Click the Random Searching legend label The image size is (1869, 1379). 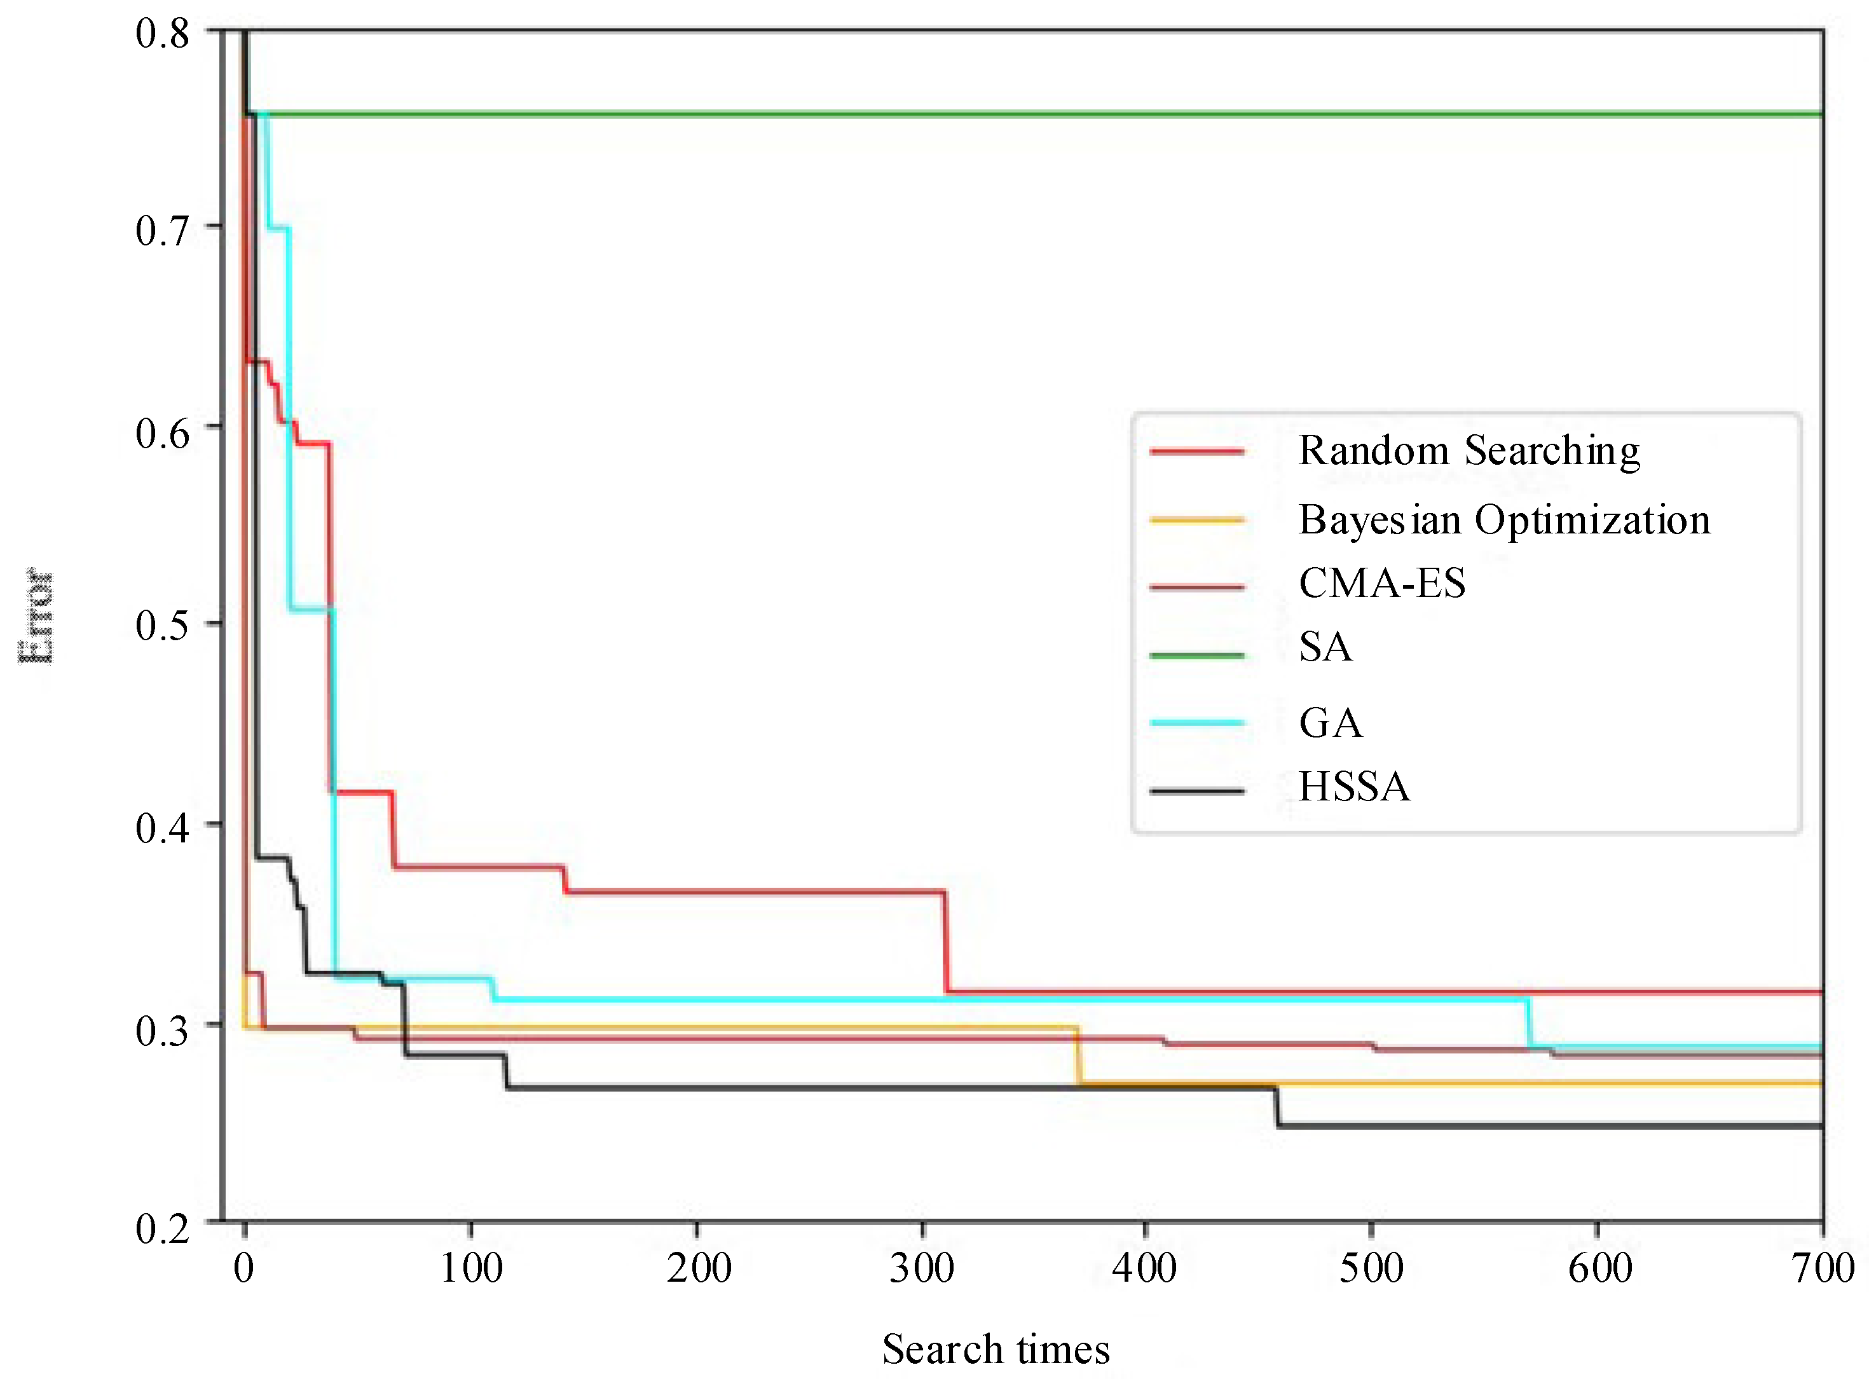click(1468, 451)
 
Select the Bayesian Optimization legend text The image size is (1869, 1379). click(1503, 520)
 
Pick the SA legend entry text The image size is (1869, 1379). click(1325, 647)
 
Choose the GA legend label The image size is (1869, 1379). click(1330, 723)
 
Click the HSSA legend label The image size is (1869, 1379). click(1353, 786)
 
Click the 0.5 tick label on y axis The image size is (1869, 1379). click(162, 625)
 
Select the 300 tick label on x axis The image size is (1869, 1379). click(922, 1269)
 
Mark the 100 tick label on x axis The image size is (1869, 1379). click(471, 1269)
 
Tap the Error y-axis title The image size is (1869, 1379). click(37, 616)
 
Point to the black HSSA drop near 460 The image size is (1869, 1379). click(1277, 1107)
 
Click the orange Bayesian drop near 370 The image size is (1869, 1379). click(1077, 1055)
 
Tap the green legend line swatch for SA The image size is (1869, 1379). click(1196, 655)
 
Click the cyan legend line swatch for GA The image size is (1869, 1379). click(1196, 723)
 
